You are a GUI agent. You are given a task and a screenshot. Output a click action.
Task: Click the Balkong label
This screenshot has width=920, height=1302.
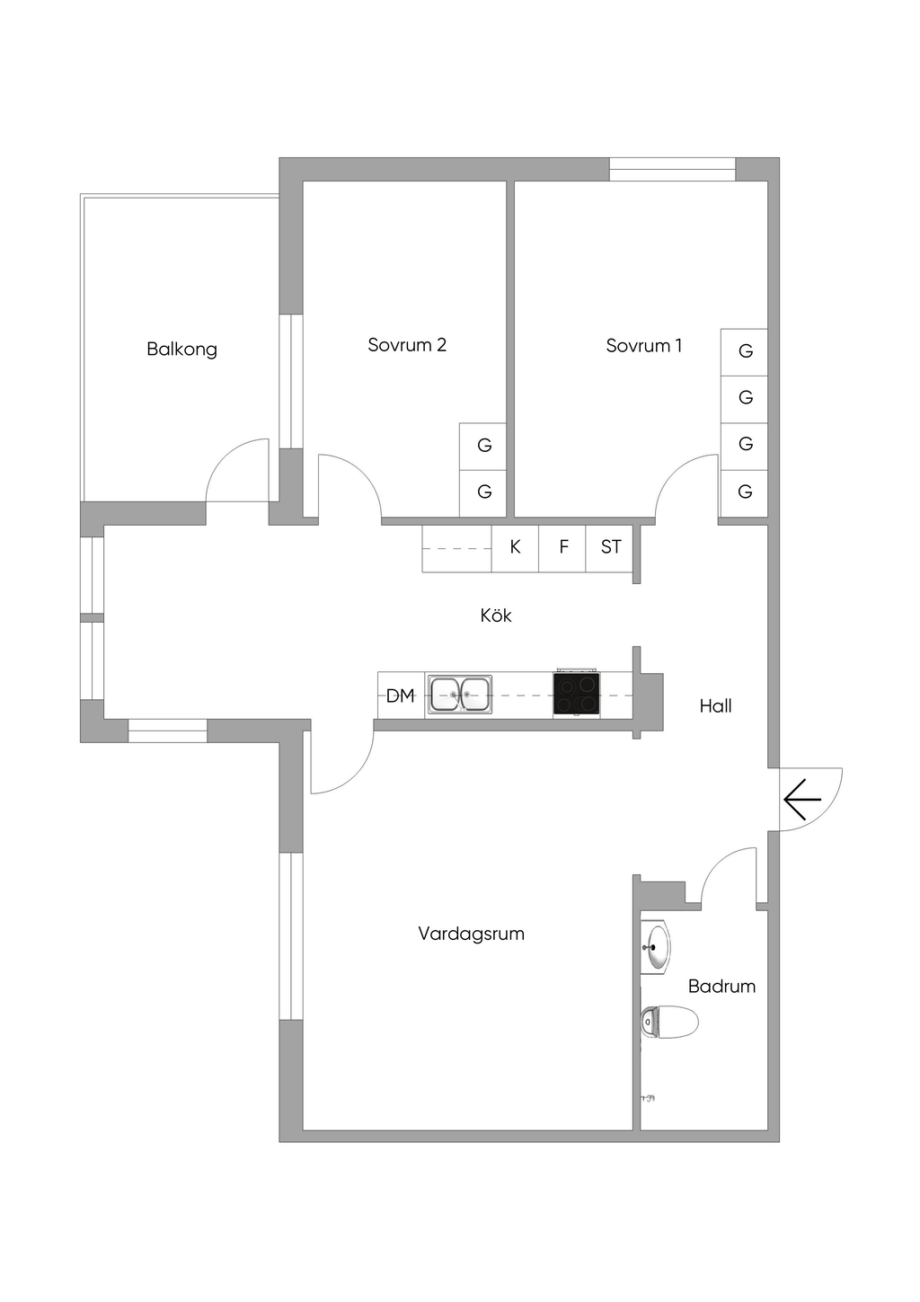pos(181,349)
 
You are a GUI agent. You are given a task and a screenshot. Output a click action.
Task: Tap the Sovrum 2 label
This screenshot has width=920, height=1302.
pos(406,345)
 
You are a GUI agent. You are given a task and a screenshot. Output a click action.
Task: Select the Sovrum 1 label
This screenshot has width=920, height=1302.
pos(643,345)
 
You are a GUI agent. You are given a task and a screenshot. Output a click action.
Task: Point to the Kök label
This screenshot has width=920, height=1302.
pos(496,616)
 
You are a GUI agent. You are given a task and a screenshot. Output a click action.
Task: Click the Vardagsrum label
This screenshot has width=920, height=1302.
pos(471,934)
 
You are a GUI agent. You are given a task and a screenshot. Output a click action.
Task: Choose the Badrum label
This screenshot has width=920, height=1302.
pos(721,986)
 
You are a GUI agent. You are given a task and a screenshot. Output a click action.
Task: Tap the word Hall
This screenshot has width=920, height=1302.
pos(715,706)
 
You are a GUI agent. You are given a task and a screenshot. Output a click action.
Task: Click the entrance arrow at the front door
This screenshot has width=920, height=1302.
pos(801,799)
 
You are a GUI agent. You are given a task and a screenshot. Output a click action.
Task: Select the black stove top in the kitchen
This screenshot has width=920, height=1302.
pos(577,695)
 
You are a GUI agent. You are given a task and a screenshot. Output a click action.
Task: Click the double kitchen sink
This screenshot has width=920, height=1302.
pos(459,695)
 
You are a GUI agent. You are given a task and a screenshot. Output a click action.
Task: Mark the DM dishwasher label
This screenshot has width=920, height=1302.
pos(400,695)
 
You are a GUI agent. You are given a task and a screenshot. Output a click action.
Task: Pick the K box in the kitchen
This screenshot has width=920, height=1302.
pos(515,547)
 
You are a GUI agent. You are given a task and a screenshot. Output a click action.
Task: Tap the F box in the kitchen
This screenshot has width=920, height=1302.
pos(563,547)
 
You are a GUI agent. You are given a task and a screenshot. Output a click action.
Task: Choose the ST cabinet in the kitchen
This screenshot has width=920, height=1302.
pos(611,547)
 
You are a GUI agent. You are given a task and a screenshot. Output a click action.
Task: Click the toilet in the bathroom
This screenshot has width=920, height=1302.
pos(671,1022)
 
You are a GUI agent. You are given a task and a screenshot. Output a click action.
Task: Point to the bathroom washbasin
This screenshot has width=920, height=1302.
pos(658,947)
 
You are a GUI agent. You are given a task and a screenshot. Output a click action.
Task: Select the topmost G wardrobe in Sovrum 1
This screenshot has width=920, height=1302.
pos(745,351)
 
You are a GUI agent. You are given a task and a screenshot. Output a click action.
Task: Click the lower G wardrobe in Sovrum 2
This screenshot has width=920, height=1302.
pos(483,492)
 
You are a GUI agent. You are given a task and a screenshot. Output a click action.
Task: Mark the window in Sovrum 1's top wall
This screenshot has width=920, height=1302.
pos(672,169)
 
